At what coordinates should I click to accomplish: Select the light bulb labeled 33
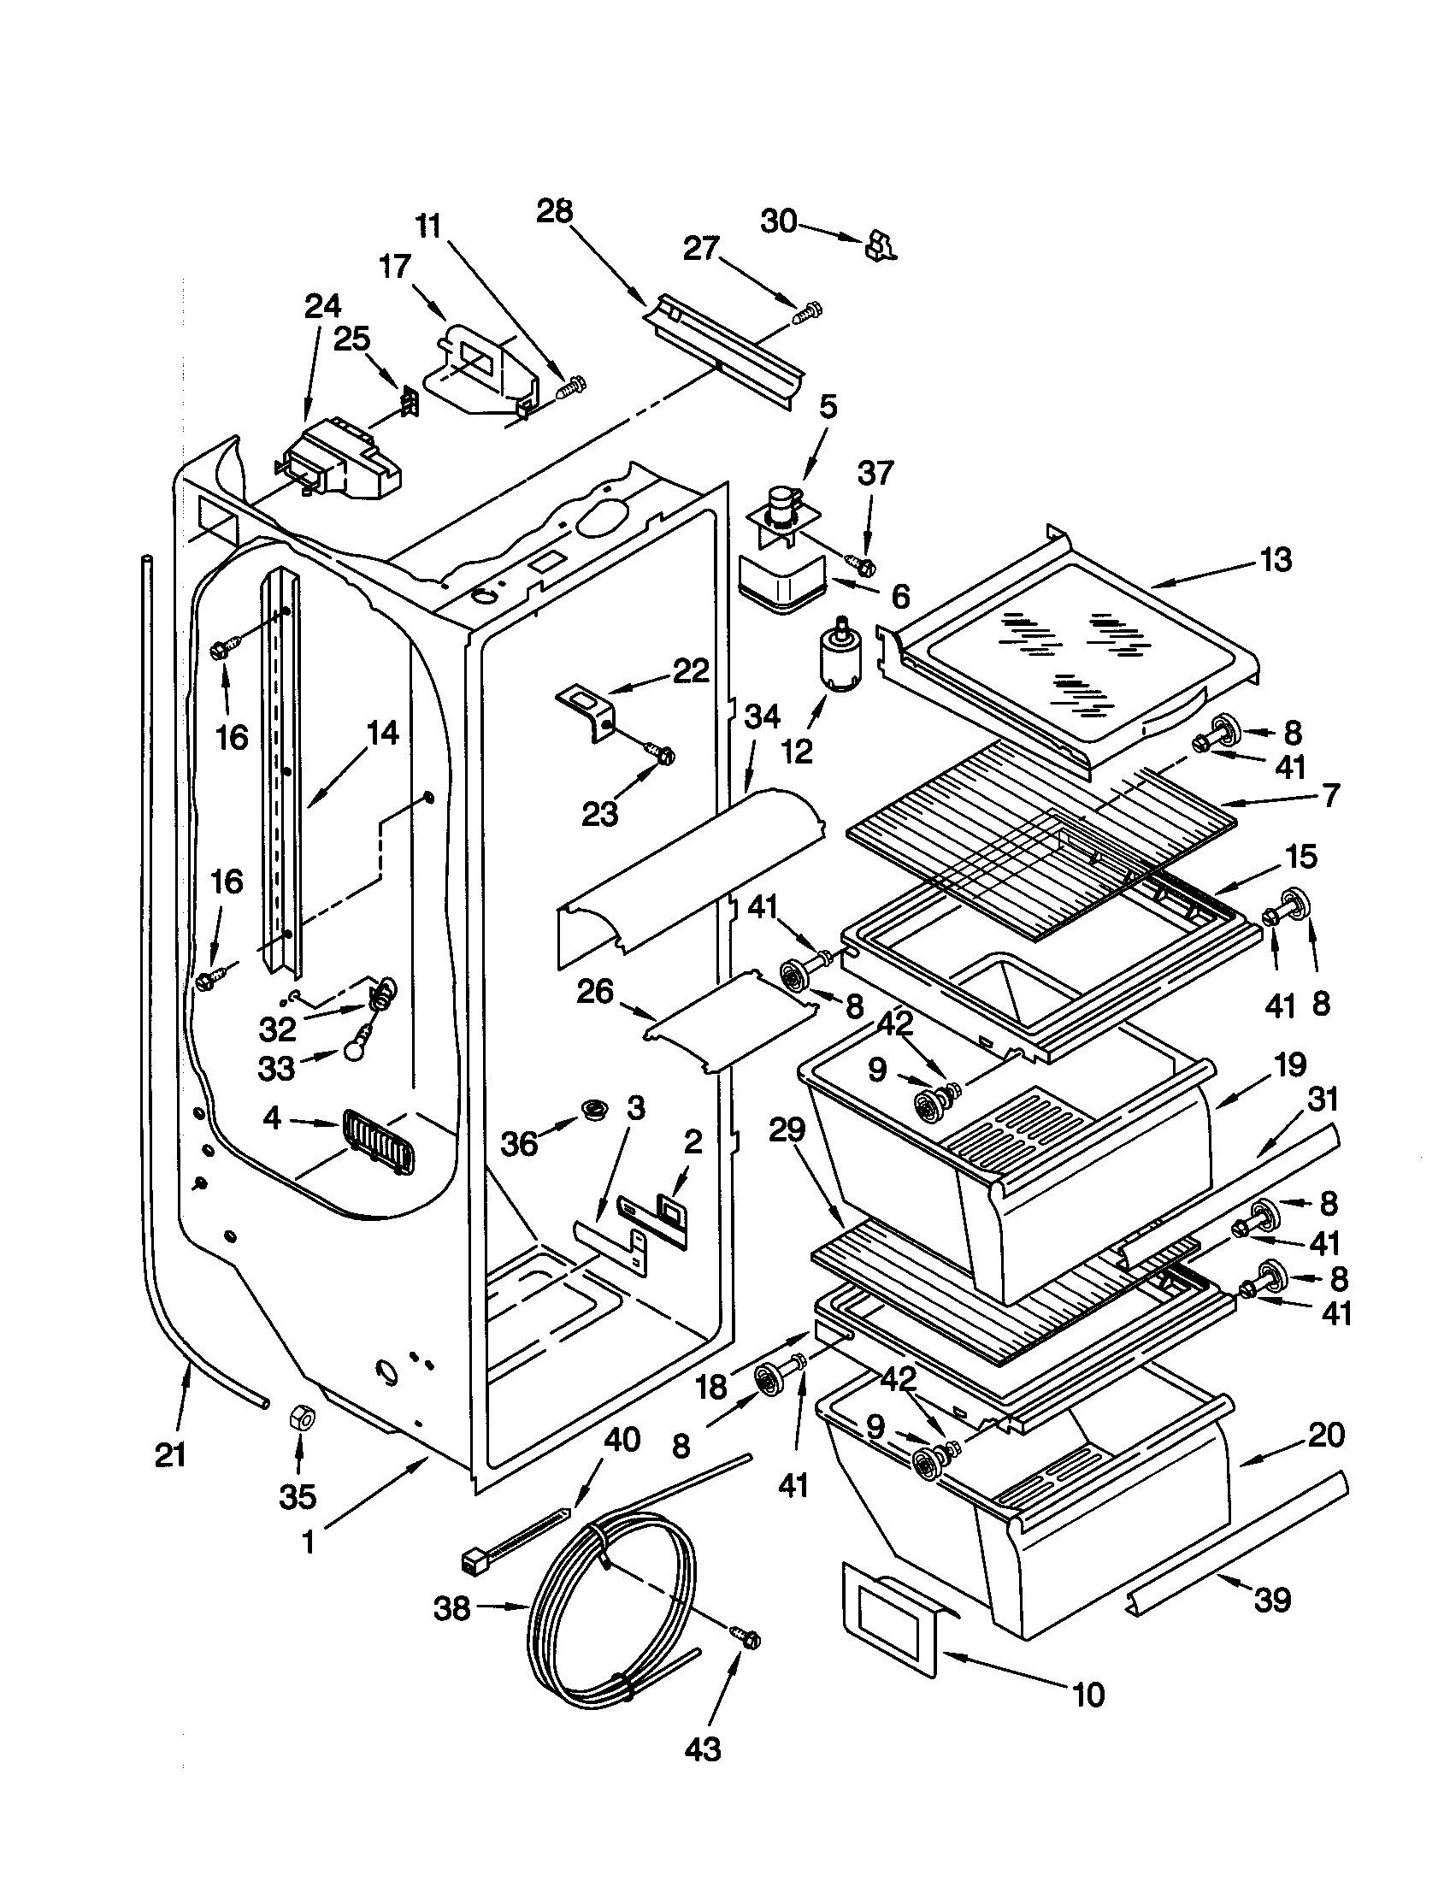point(354,1049)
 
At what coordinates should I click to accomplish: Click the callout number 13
point(1276,560)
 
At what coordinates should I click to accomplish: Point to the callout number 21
point(170,1454)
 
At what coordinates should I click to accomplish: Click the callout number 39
point(1273,1600)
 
